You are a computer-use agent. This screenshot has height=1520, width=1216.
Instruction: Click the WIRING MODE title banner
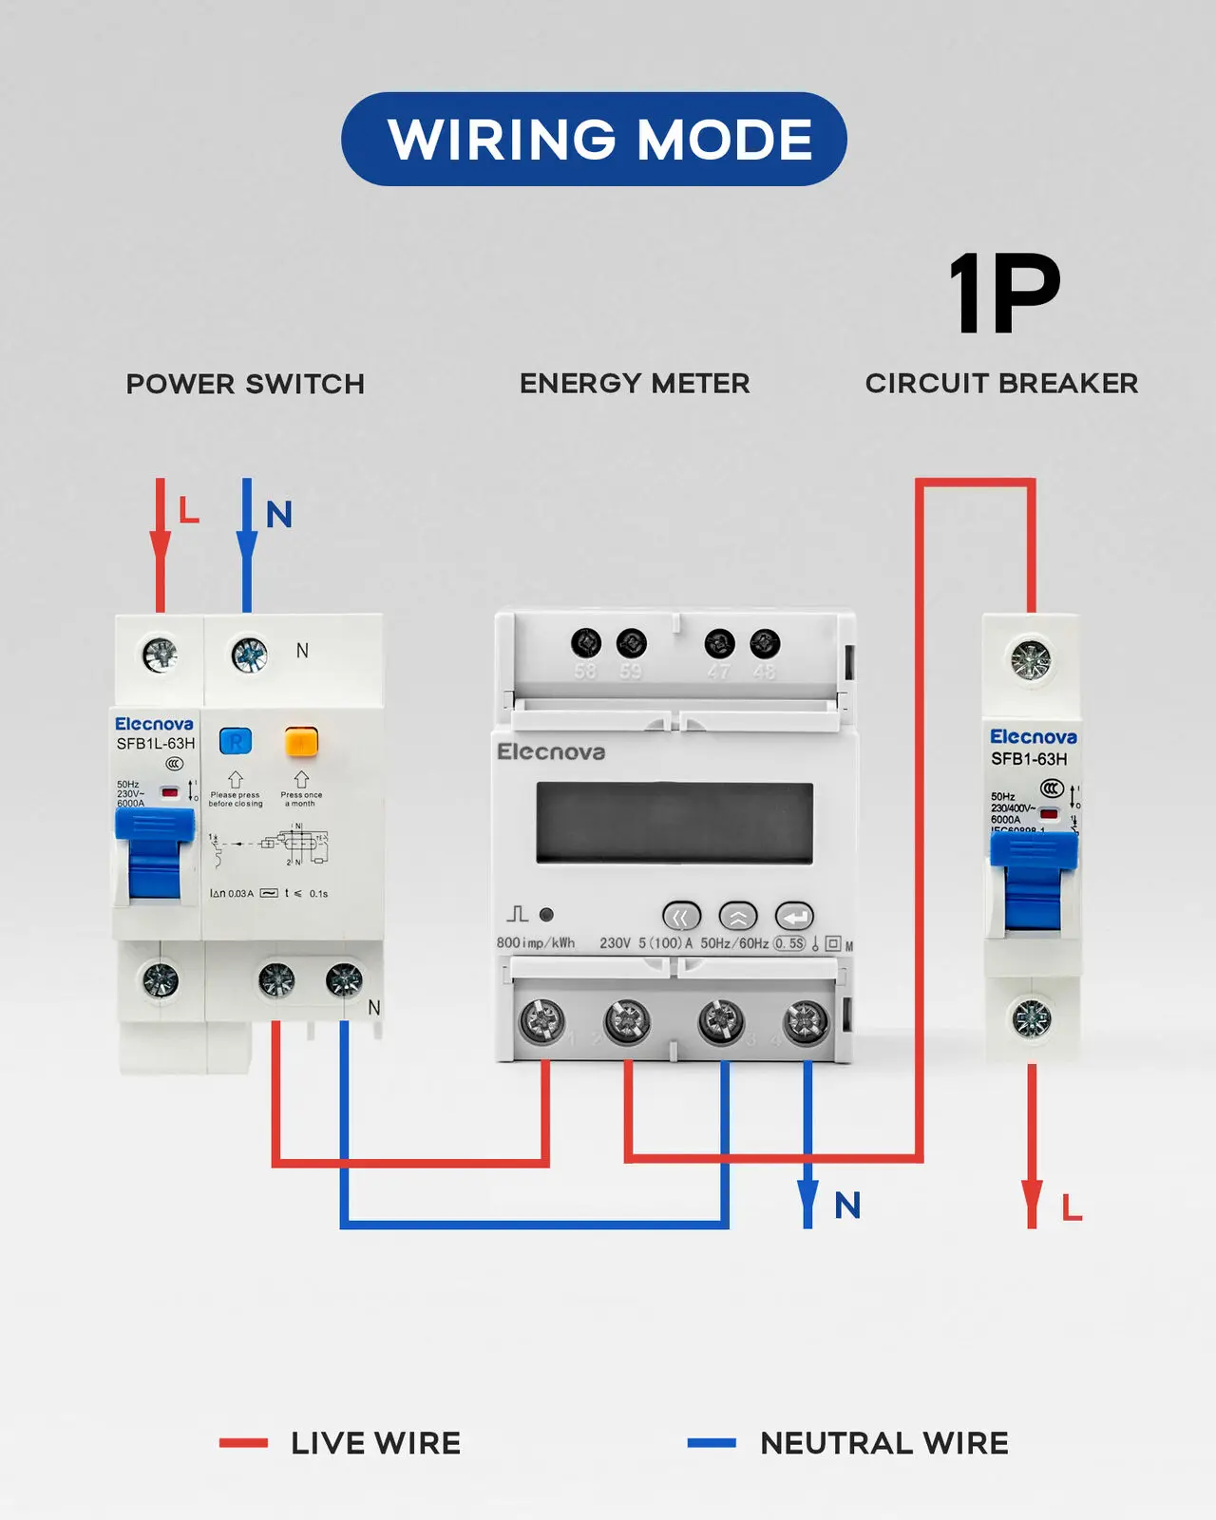(594, 139)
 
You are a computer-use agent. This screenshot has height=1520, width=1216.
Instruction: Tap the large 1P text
(1004, 294)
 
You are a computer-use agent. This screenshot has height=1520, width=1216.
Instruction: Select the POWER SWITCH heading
(245, 384)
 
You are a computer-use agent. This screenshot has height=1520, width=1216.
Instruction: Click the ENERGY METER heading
(635, 383)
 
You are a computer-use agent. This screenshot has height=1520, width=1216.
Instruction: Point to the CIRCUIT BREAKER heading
(1001, 383)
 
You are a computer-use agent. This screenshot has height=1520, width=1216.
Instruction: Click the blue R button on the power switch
(236, 741)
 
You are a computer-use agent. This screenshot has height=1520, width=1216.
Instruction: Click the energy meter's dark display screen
(674, 823)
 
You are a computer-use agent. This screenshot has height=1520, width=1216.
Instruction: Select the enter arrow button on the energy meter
(794, 917)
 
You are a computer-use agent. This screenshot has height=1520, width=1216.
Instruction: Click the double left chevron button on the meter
(681, 917)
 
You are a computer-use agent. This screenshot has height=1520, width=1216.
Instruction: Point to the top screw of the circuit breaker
(1031, 658)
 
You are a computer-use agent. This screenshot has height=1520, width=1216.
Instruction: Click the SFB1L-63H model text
(156, 744)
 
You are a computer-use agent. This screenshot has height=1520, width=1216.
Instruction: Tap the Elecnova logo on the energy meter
(551, 751)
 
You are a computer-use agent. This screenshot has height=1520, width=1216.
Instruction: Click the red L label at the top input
(189, 511)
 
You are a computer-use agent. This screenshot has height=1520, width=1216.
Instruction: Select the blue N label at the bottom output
(847, 1206)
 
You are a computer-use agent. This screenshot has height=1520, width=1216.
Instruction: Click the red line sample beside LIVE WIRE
(243, 1443)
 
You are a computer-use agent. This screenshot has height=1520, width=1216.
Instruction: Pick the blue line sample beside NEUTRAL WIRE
(712, 1443)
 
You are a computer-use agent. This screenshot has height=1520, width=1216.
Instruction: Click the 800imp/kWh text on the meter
(536, 943)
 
